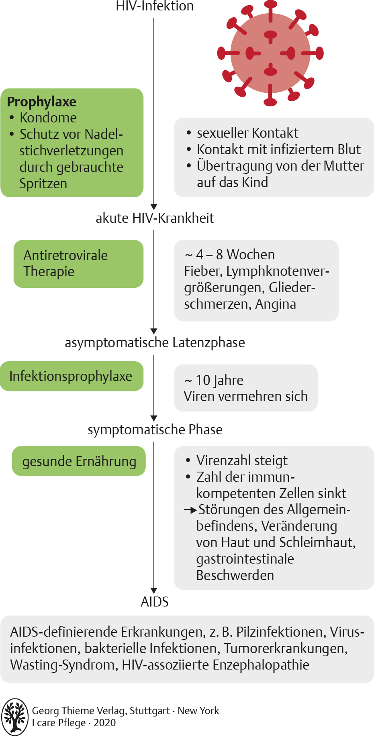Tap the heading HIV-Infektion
pyautogui.click(x=155, y=6)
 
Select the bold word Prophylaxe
pyautogui.click(x=42, y=102)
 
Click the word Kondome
pyautogui.click(x=48, y=118)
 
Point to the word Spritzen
pyautogui.click(x=43, y=183)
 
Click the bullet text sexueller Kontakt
pyautogui.click(x=247, y=133)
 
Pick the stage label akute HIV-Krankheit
pyautogui.click(x=155, y=218)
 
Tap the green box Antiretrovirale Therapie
pyautogui.click(x=78, y=263)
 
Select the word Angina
pyautogui.click(x=276, y=304)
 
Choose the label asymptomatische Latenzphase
pyautogui.click(x=155, y=342)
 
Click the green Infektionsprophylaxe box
pyautogui.click(x=72, y=376)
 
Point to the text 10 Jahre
pyautogui.click(x=219, y=380)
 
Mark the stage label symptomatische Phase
pyautogui.click(x=155, y=430)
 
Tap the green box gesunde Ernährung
pyautogui.click(x=79, y=461)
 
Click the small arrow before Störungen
pyautogui.click(x=190, y=510)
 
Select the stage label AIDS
pyautogui.click(x=155, y=601)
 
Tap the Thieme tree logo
pyautogui.click(x=15, y=717)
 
